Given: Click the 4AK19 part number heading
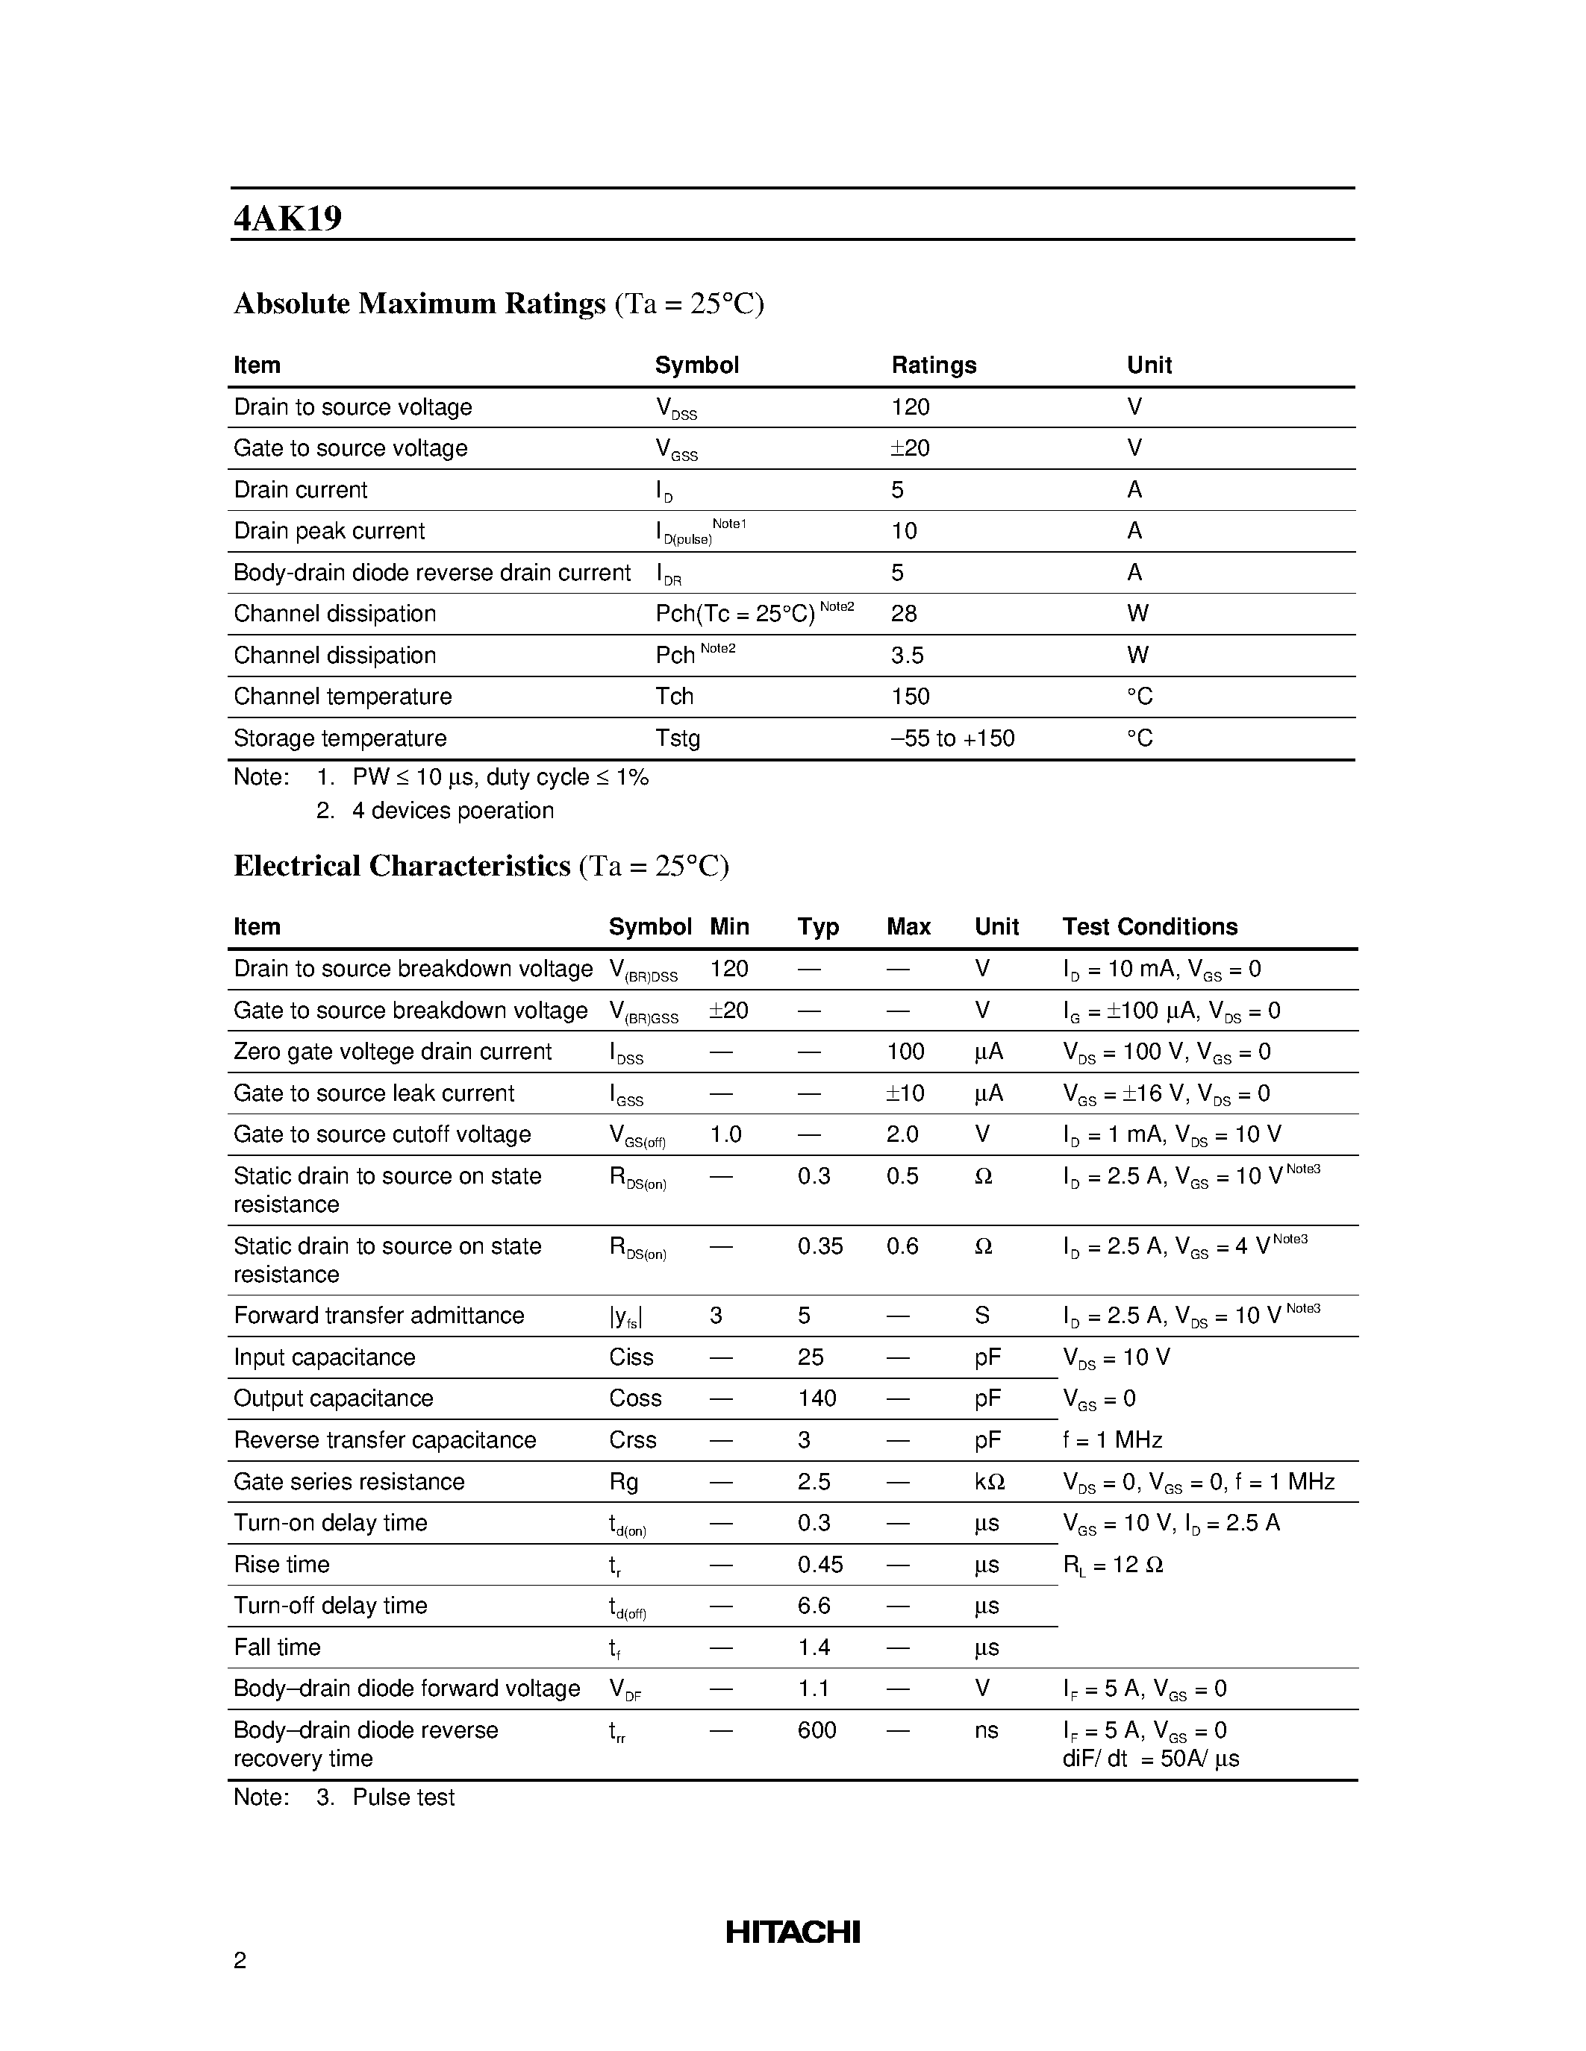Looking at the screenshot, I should [287, 218].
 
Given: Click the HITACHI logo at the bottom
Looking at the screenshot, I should [792, 1932].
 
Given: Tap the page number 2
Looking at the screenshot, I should [240, 1960].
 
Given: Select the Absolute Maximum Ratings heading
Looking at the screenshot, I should [419, 304].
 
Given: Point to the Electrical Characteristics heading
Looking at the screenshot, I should [402, 866].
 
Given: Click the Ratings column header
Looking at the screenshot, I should [933, 365].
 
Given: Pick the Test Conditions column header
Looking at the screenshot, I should [1149, 927].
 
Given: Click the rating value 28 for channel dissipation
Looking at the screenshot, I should [904, 614].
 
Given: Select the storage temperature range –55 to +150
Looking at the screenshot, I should [952, 738].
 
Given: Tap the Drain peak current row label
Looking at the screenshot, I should [329, 532].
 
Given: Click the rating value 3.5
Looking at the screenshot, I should [907, 656].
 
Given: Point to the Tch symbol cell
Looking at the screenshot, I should [674, 697].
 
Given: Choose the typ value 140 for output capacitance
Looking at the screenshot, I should [817, 1398].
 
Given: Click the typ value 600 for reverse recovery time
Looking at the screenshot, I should [817, 1730].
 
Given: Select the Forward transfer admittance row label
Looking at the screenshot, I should [378, 1316].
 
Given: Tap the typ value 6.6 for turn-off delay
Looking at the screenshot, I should [814, 1606].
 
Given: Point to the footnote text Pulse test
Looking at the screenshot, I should [403, 1797].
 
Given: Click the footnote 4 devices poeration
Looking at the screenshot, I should [452, 811].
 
